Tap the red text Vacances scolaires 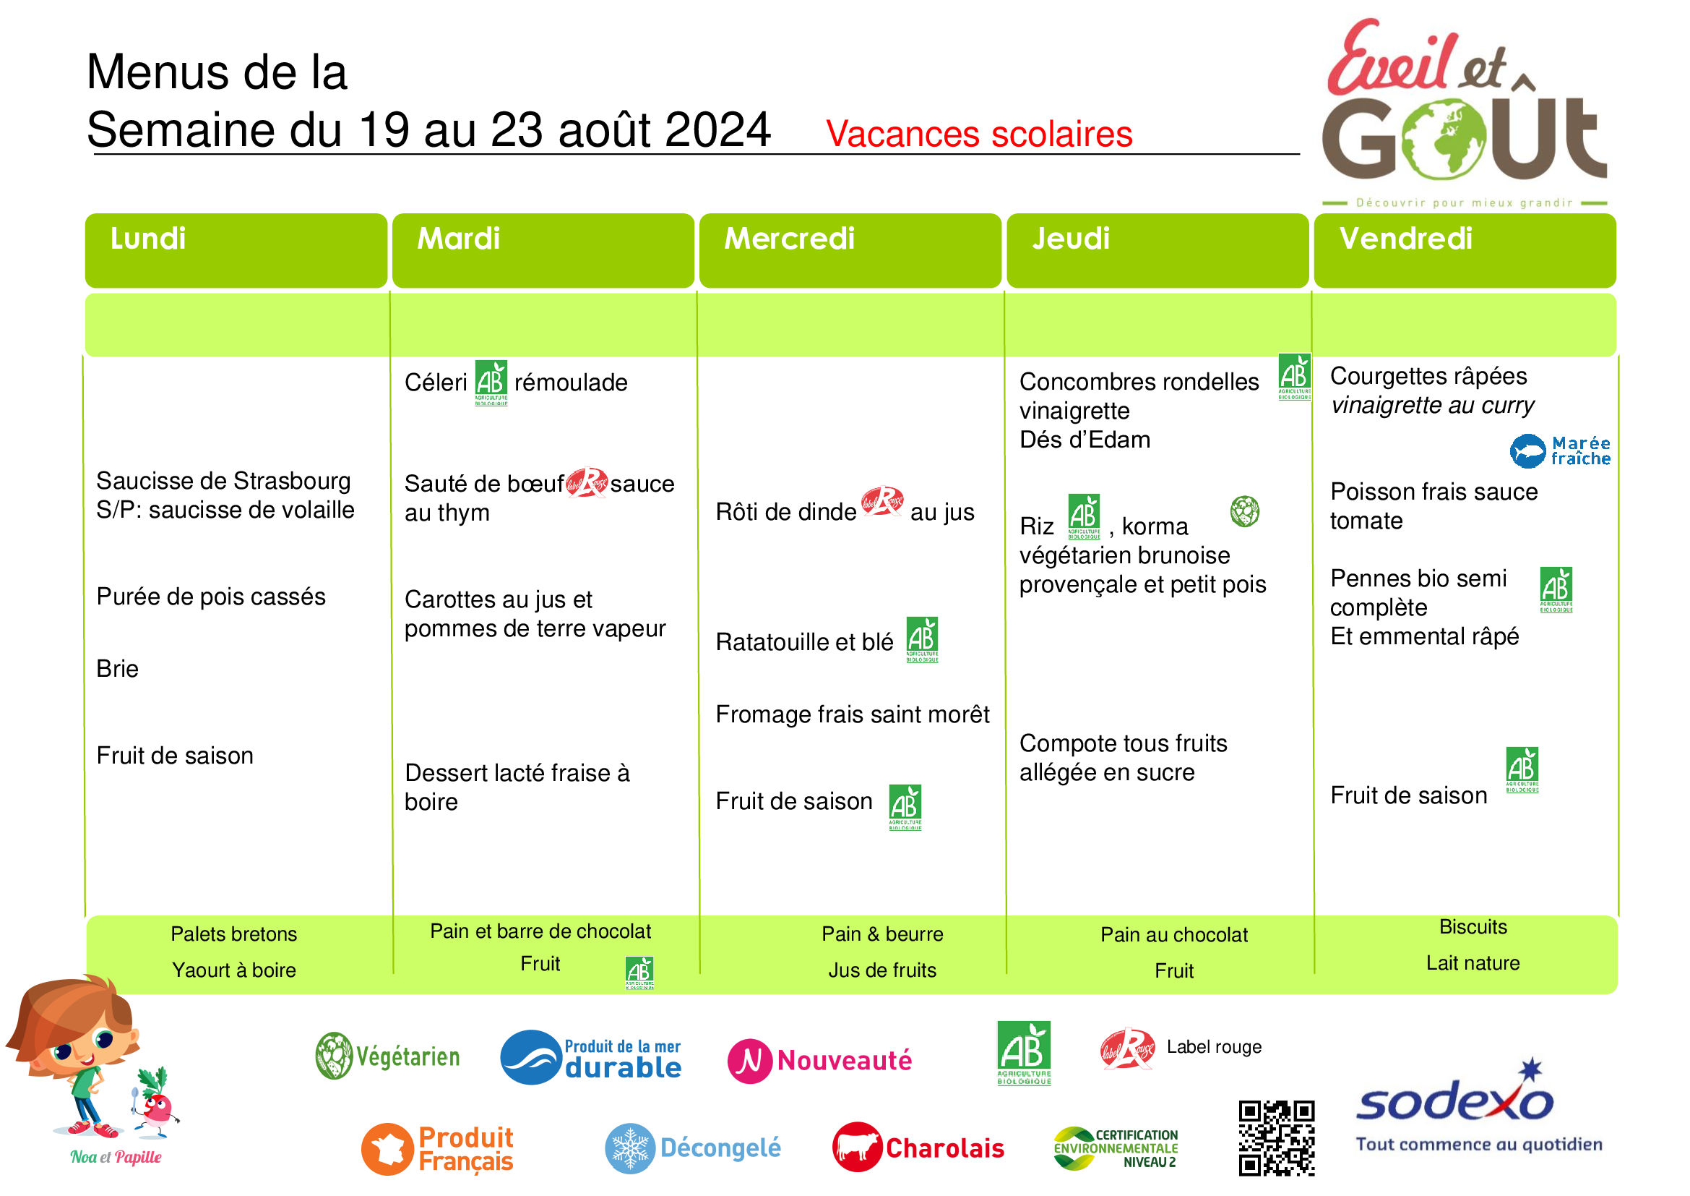pyautogui.click(x=979, y=134)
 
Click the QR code pyautogui.click(x=1276, y=1138)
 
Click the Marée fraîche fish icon pyautogui.click(x=1528, y=451)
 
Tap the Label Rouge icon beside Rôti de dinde pyautogui.click(x=881, y=502)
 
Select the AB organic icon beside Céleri pyautogui.click(x=491, y=383)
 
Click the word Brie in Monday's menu pyautogui.click(x=117, y=669)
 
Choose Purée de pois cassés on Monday pyautogui.click(x=210, y=597)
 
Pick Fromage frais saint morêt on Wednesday pyautogui.click(x=853, y=714)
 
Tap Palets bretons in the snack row pyautogui.click(x=234, y=934)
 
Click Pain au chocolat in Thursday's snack pyautogui.click(x=1174, y=934)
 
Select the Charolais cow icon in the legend pyautogui.click(x=858, y=1147)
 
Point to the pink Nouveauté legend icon pyautogui.click(x=749, y=1062)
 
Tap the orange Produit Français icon pyautogui.click(x=387, y=1149)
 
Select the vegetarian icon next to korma pyautogui.click(x=1245, y=511)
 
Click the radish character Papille pyautogui.click(x=156, y=1101)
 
